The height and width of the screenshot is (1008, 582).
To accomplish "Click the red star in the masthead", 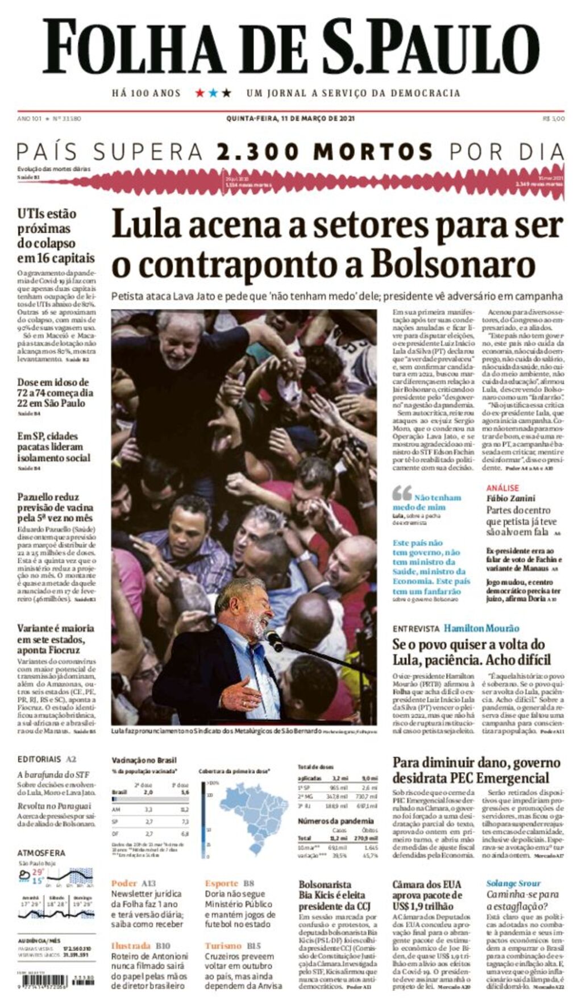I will click(x=200, y=93).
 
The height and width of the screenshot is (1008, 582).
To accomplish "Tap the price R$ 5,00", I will click(x=554, y=119).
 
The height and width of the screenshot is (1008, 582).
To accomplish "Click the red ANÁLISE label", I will click(x=502, y=488).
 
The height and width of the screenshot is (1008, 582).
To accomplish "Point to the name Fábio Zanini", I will click(x=510, y=498).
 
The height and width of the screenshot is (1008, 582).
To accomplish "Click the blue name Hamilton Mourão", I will click(x=481, y=628).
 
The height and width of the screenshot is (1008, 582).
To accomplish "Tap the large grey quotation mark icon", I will click(x=402, y=493).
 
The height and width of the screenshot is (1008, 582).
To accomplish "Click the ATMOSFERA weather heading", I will click(x=41, y=853).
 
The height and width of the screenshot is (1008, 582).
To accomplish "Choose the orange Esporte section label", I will click(x=222, y=883).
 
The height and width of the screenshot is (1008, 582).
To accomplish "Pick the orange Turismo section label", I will click(x=223, y=946).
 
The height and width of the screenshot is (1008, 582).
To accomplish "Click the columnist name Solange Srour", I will click(x=513, y=883).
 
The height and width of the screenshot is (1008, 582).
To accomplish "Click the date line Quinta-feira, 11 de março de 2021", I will click(x=290, y=119).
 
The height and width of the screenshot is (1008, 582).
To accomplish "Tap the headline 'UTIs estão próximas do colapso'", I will click(x=55, y=235).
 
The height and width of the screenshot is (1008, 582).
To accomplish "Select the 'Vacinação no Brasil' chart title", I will click(x=144, y=760).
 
